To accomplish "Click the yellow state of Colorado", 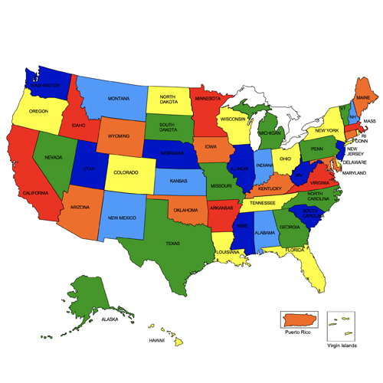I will [126, 172].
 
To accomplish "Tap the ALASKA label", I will [110, 319].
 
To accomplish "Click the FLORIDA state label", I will [294, 250].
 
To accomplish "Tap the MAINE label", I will [363, 98].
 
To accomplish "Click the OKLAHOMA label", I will [185, 210].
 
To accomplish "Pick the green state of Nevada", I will [54, 157].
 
